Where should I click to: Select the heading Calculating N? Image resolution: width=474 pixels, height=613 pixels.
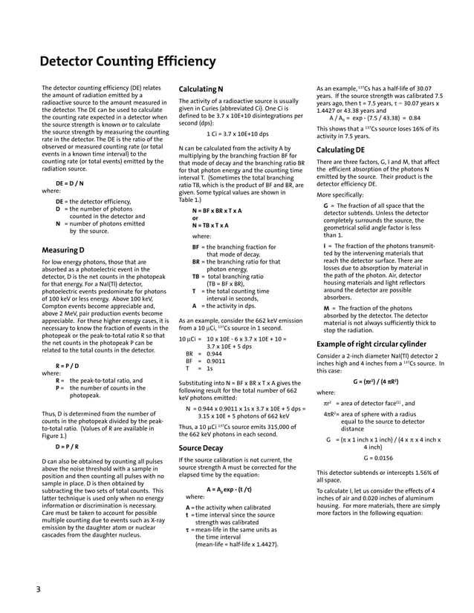coord(201,90)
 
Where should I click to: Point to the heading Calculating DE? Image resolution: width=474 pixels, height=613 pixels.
coord(344,151)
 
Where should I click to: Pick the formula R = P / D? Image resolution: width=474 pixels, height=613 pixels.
coord(67,366)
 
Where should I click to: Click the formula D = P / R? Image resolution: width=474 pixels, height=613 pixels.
coord(67,448)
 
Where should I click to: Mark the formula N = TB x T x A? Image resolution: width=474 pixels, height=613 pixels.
coord(215,225)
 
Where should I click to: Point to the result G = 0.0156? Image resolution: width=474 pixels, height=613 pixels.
coord(378,458)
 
